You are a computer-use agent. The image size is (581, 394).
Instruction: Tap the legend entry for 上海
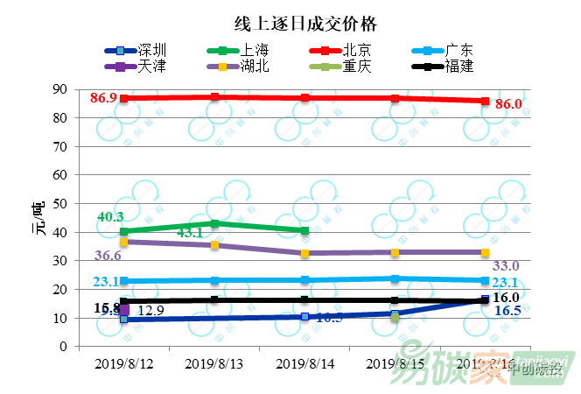click(255, 50)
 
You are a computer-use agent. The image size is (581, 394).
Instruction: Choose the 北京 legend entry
click(355, 50)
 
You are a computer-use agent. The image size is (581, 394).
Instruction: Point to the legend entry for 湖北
click(255, 66)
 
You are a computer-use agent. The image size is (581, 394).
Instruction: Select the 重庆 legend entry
click(355, 66)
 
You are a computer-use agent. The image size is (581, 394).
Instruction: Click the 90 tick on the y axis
click(60, 89)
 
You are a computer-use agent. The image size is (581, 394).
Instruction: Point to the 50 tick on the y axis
click(60, 204)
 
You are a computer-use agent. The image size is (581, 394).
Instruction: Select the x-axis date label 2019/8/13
click(214, 362)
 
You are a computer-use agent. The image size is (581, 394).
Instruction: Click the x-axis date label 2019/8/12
click(123, 362)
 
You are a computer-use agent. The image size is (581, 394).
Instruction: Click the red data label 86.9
click(104, 98)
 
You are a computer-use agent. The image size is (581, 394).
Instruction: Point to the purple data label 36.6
click(108, 256)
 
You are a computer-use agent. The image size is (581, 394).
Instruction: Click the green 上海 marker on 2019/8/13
click(214, 224)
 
